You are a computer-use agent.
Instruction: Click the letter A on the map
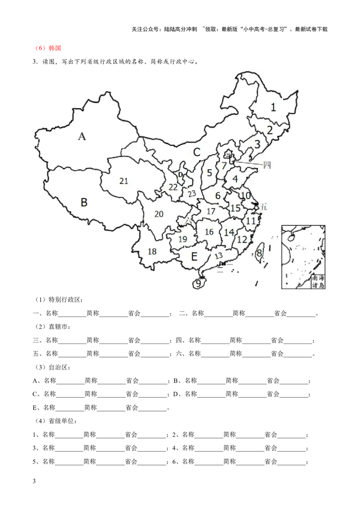coord(82,137)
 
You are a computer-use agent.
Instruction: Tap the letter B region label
coord(84,202)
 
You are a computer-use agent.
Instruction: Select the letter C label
coord(197,152)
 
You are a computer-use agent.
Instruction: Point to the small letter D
coord(180,174)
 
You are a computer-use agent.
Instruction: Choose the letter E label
coord(194,257)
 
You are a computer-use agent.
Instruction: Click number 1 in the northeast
coord(273,107)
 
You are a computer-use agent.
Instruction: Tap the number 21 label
coord(124,181)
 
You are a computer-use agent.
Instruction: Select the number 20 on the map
coord(158,214)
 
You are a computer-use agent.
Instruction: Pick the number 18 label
coord(152,251)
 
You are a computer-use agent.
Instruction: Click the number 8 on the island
coord(259,253)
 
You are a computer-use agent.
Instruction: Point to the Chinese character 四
coord(266,165)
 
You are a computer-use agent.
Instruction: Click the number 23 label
coord(192,194)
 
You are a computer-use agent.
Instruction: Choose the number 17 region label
coord(211,211)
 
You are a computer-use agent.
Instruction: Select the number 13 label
coord(219,256)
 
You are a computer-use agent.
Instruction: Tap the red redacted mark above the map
coord(48,49)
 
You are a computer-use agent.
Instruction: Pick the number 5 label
coord(209,173)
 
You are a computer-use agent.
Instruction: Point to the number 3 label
coord(257,144)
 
